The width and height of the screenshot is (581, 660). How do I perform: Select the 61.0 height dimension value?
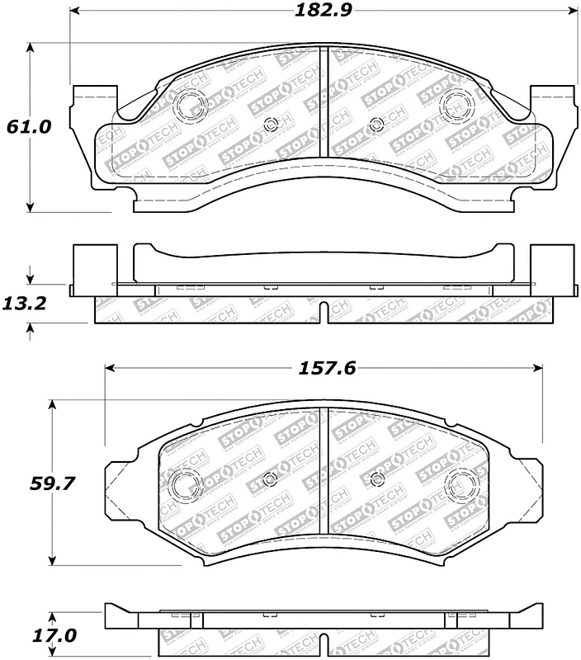(x=29, y=127)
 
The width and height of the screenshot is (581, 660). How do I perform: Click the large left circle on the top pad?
(x=191, y=105)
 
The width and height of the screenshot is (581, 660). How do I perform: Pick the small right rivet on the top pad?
(x=376, y=125)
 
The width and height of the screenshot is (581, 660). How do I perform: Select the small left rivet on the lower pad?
(x=269, y=480)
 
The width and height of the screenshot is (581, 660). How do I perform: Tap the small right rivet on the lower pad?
(x=377, y=479)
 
